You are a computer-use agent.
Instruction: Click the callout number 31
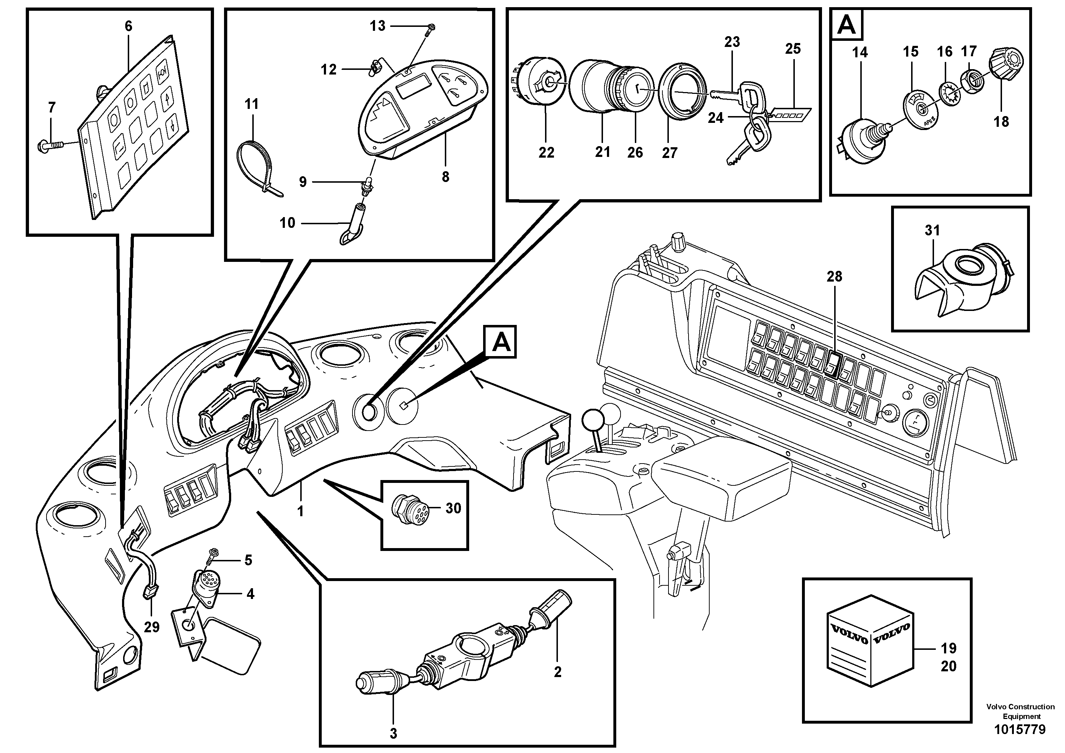point(932,230)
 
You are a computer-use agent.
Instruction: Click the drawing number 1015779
point(1020,729)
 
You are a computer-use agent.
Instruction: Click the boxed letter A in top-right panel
point(847,25)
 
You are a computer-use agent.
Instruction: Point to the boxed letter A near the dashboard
point(501,342)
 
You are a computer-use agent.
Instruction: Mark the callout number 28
point(834,277)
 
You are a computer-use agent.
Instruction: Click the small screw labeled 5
point(214,552)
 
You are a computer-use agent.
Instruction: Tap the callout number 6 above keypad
point(128,26)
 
